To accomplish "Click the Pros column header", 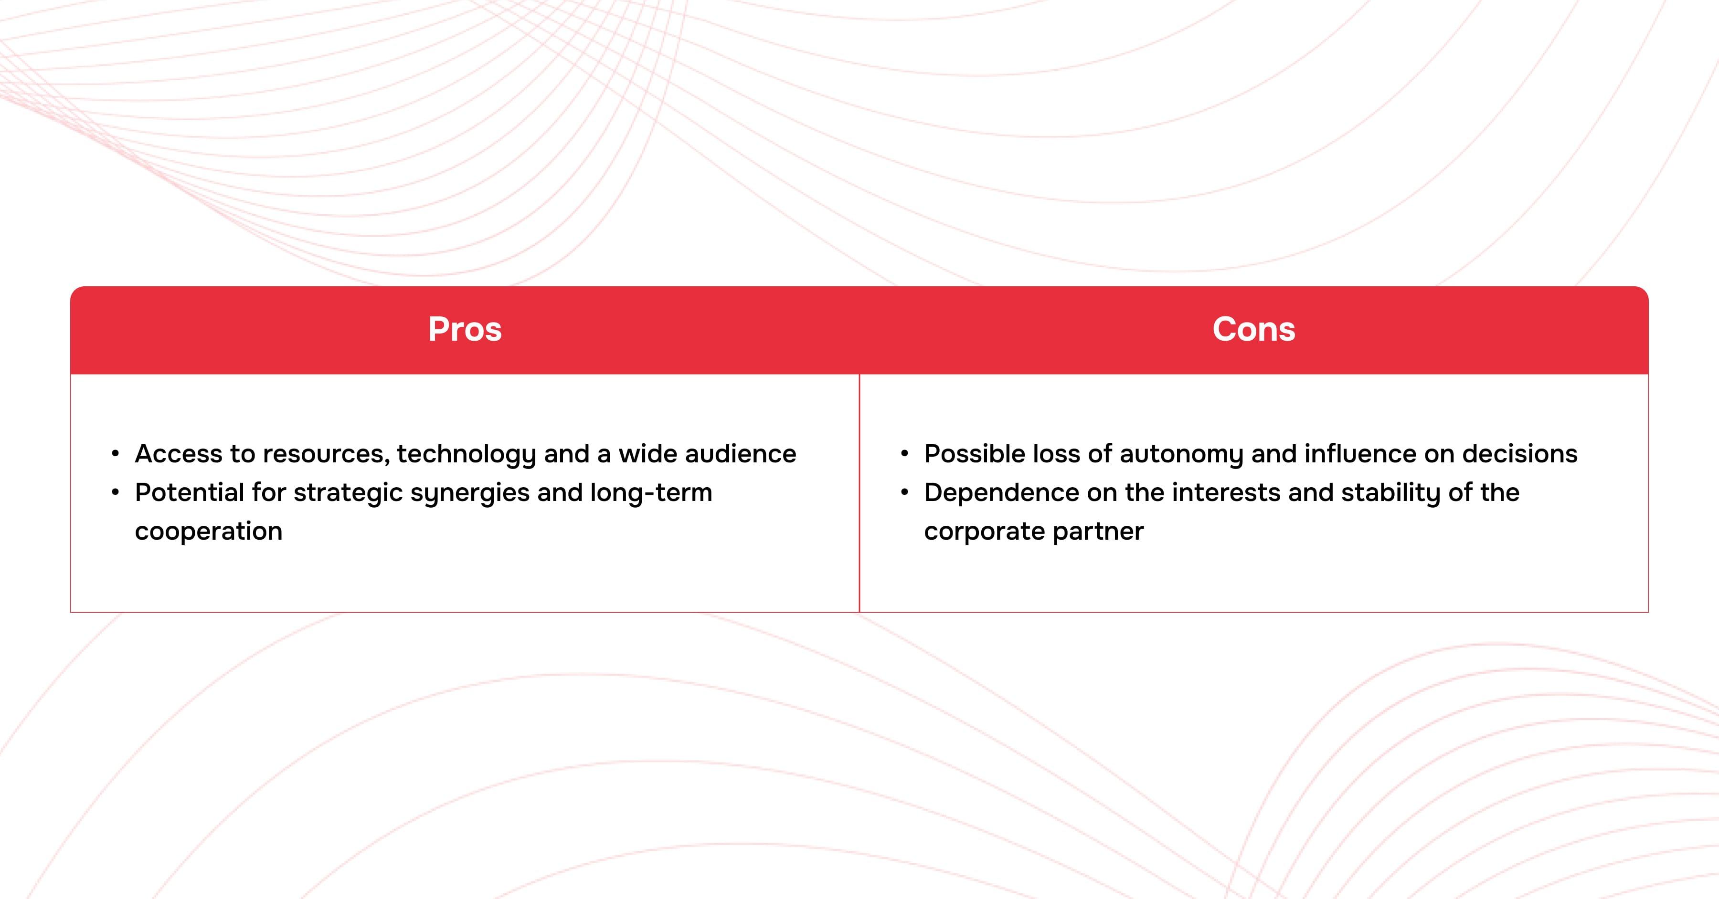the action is (x=465, y=329).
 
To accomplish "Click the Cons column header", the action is (x=1254, y=329).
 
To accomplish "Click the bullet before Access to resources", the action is (x=116, y=454).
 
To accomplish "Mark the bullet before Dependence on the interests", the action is (x=905, y=493).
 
